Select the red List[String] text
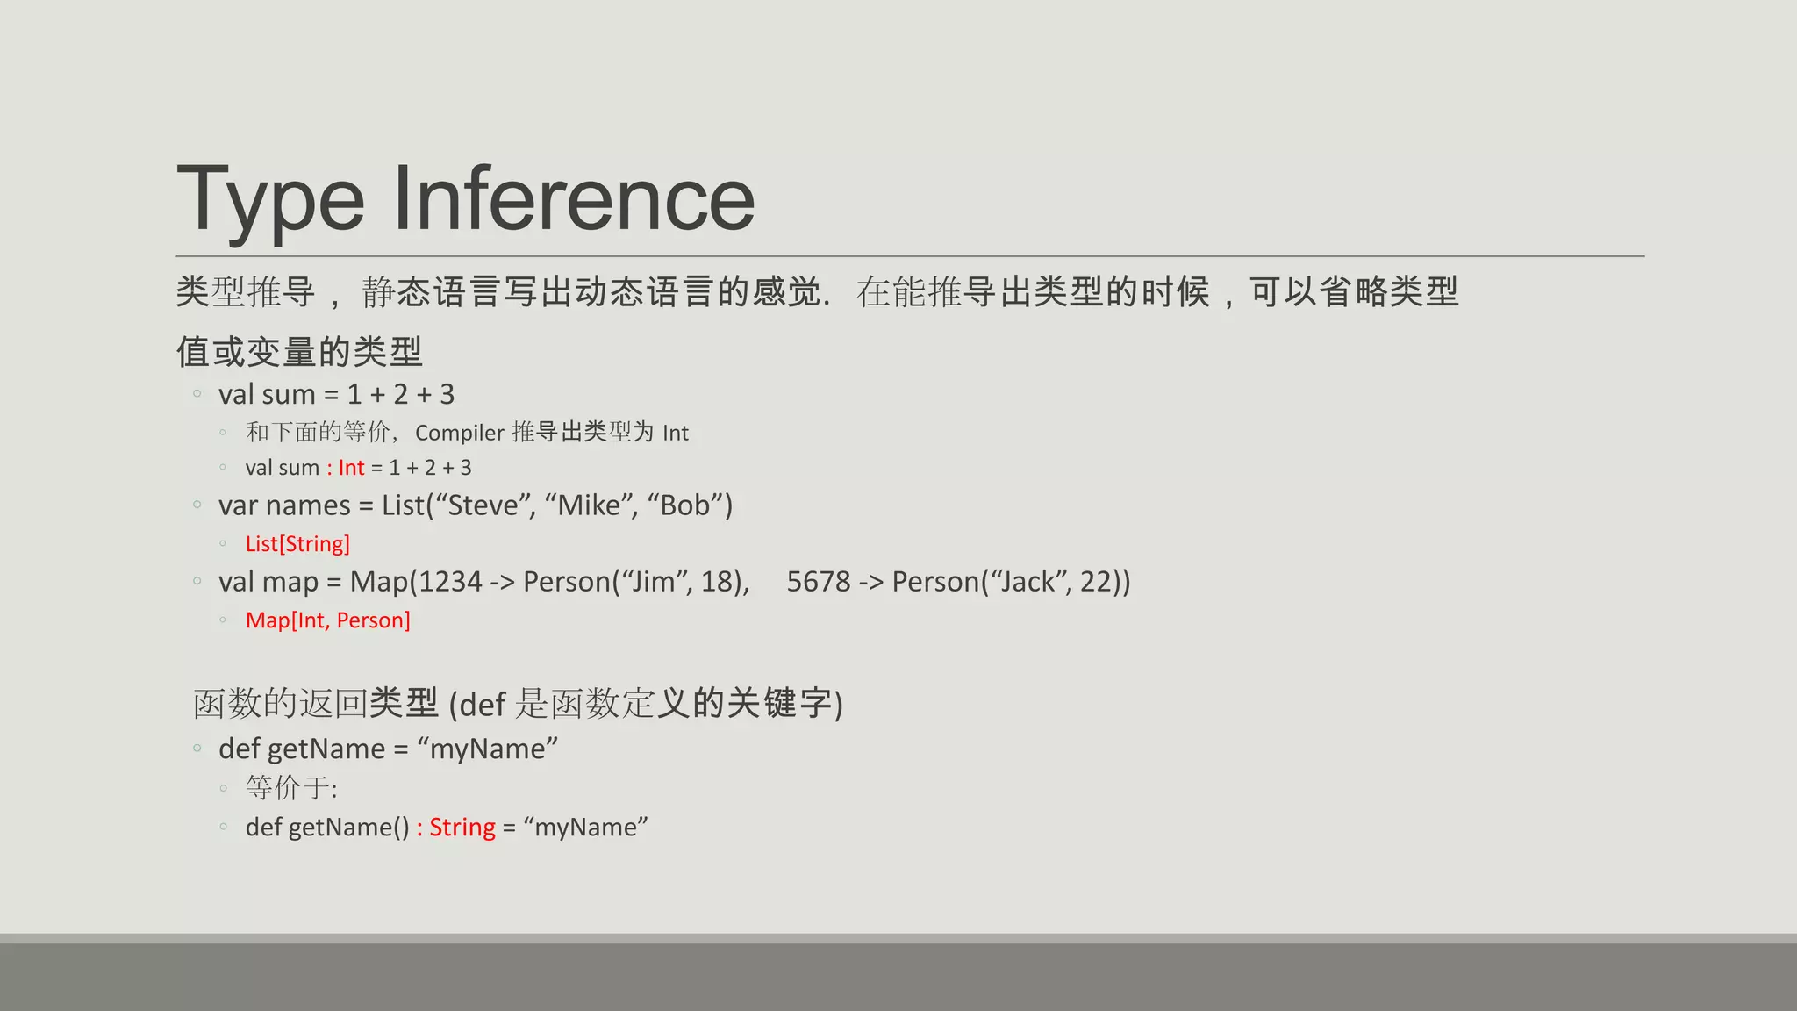[297, 544]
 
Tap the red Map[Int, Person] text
[327, 620]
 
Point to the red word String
[462, 828]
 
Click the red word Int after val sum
[351, 468]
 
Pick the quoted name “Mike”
[591, 505]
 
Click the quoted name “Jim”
[654, 582]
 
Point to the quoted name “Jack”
[1026, 582]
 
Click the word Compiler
[460, 433]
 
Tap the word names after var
[309, 505]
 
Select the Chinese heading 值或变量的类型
[299, 352]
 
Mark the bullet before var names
[197, 505]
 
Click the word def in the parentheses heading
[483, 705]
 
